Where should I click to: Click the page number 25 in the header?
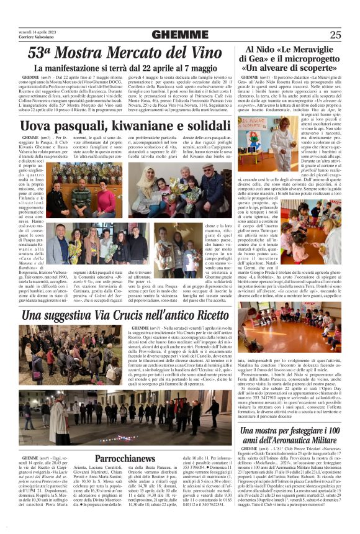[336, 35]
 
